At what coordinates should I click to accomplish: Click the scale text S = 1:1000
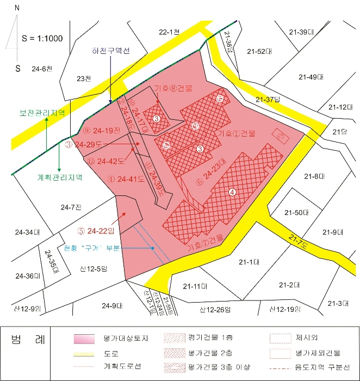click(x=42, y=38)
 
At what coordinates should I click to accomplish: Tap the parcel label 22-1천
click(x=169, y=33)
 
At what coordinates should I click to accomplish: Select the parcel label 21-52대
click(x=259, y=52)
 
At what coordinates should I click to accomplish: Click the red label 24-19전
click(x=102, y=131)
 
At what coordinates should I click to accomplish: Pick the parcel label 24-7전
click(x=71, y=207)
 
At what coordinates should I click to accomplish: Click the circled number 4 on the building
click(x=232, y=192)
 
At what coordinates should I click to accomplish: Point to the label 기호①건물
click(x=235, y=133)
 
